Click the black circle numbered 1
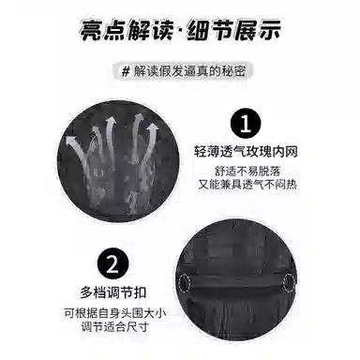pyautogui.click(x=246, y=124)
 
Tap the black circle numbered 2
pyautogui.click(x=112, y=264)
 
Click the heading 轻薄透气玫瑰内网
pyautogui.click(x=246, y=152)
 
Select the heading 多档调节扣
pyautogui.click(x=113, y=292)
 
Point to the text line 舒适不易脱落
pyautogui.click(x=247, y=172)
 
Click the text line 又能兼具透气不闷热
pyautogui.click(x=247, y=185)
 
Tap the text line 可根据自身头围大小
pyautogui.click(x=115, y=313)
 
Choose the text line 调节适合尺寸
pyautogui.click(x=115, y=327)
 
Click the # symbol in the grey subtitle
pyautogui.click(x=126, y=72)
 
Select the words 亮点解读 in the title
pyautogui.click(x=127, y=30)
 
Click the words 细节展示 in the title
pyautogui.click(x=233, y=30)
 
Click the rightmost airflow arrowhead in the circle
pyautogui.click(x=153, y=127)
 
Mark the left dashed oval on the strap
pyautogui.click(x=185, y=282)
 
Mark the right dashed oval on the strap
pyautogui.click(x=289, y=282)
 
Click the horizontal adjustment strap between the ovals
pyautogui.click(x=236, y=281)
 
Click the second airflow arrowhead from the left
pyautogui.click(x=110, y=121)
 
